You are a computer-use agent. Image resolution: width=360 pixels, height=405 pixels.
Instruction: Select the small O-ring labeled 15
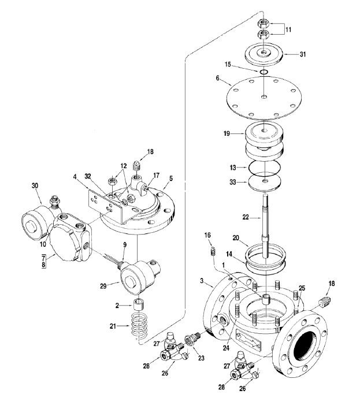[x=263, y=72]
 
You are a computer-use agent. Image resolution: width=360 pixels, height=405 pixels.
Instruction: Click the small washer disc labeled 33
[x=263, y=183]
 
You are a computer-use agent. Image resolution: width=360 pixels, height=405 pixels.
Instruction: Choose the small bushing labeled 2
[x=138, y=304]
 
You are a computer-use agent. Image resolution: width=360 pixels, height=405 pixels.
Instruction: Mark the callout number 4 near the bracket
[x=75, y=176]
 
